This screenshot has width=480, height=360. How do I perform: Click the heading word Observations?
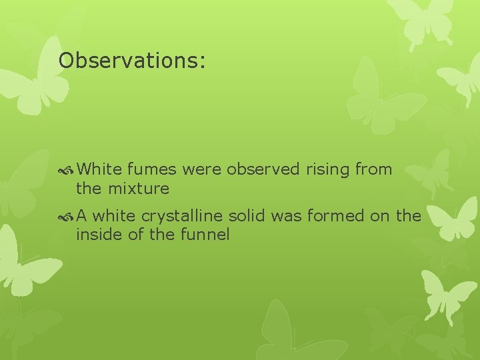pos(132,61)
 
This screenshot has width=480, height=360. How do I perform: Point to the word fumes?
pos(149,169)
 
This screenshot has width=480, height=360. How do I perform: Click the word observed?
pos(263,169)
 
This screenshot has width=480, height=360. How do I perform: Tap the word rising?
pos(328,169)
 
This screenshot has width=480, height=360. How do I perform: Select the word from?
pos(373,169)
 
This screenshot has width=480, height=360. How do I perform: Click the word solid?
pos(250,216)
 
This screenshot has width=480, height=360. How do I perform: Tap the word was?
pos(288,216)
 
